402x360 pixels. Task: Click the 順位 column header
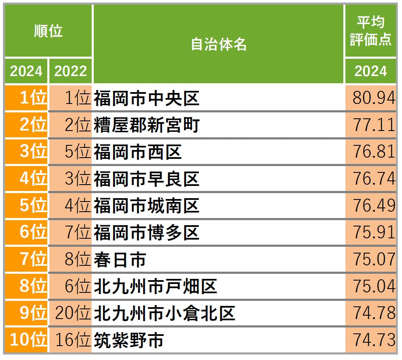48,31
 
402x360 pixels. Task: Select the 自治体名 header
218,44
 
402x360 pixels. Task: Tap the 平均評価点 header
370,31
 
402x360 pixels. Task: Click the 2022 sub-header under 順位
71,71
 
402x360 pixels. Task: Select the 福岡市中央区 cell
147,98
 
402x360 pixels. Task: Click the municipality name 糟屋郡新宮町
147,125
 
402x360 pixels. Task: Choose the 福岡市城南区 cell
147,206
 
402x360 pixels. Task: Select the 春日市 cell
120,260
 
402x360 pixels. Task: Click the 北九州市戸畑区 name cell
155,287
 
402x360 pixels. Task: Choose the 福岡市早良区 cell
147,179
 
